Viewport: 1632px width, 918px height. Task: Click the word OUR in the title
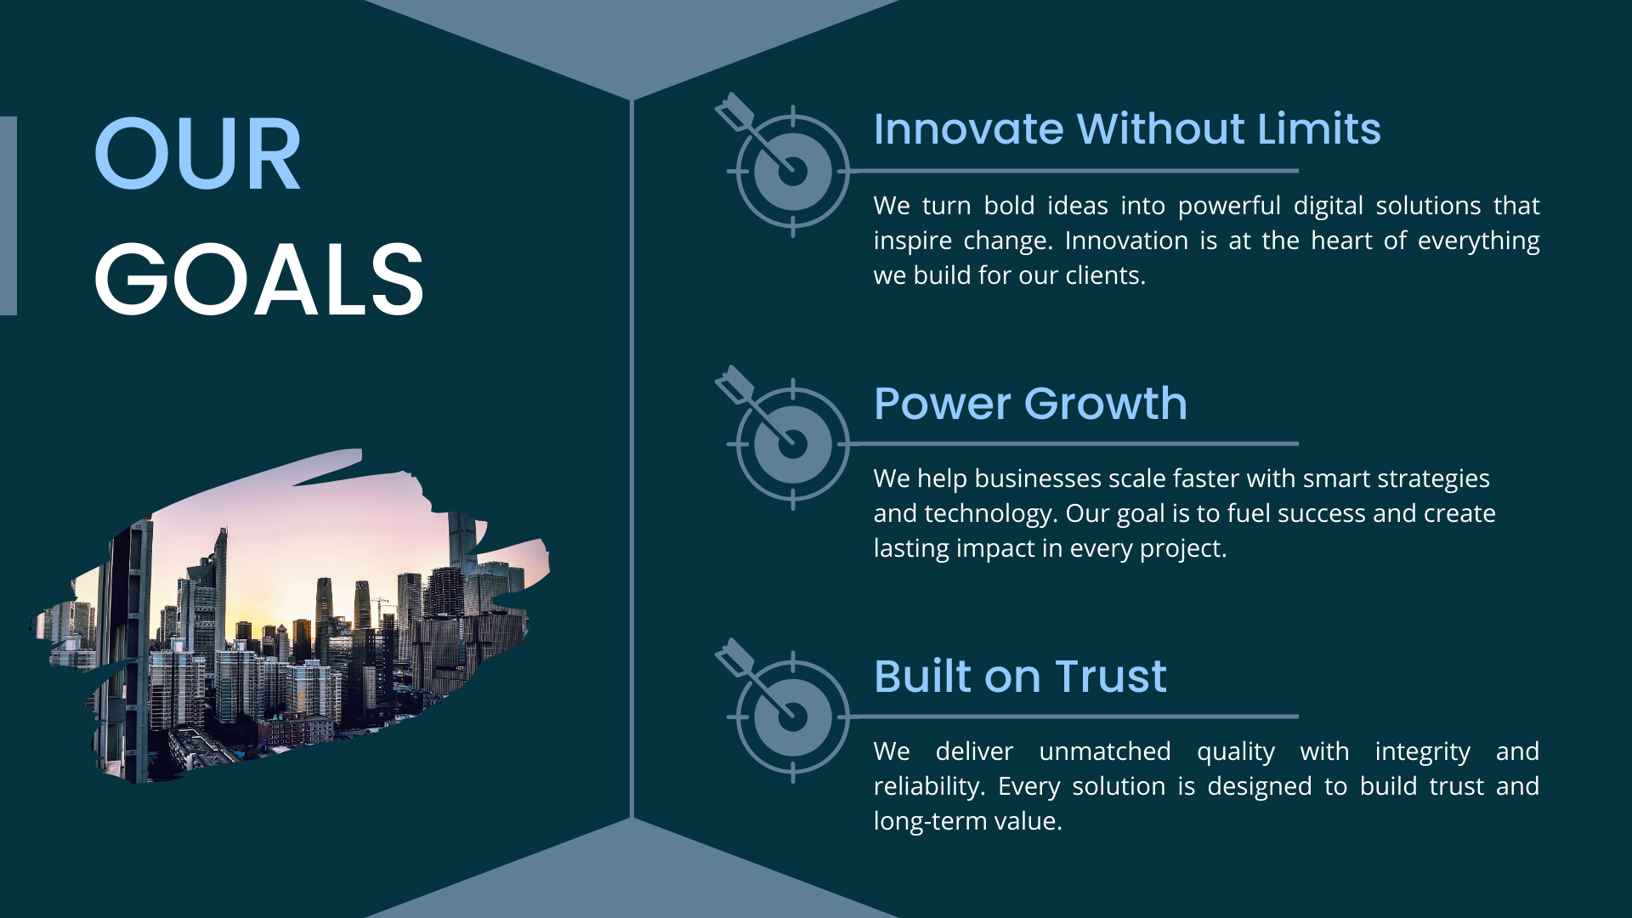pos(197,154)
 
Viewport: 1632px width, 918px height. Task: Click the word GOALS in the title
pos(259,279)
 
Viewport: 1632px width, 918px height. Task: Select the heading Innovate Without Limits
pos(1127,129)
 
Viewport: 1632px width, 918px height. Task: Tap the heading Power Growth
pos(1030,403)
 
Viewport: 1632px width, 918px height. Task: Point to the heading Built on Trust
pos(1020,677)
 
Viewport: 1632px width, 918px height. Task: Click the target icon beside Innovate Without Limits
pos(783,164)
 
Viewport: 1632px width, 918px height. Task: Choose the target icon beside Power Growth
pos(783,437)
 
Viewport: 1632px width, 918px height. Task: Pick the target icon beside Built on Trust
pos(783,710)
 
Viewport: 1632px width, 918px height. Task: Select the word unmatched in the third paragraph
pos(1105,751)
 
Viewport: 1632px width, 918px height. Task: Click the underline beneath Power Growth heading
pos(1074,444)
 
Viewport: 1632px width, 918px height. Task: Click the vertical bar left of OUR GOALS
pos(8,216)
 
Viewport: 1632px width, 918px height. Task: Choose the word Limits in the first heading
pos(1319,129)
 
